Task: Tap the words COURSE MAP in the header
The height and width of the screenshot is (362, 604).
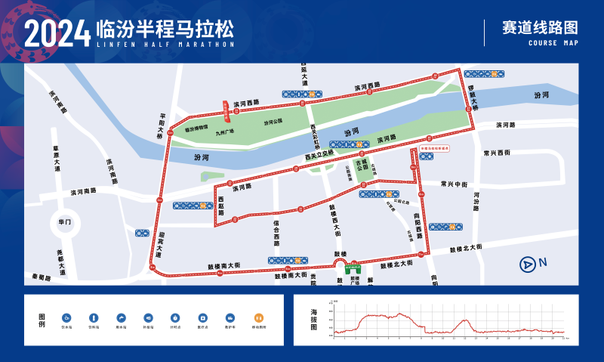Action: [x=554, y=43]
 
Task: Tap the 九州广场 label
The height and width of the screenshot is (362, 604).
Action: [x=225, y=131]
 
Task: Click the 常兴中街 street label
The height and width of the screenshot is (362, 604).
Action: [x=455, y=184]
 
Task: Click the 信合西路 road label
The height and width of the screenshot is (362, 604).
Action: [x=277, y=233]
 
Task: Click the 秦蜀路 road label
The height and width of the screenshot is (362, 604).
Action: [x=42, y=277]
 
